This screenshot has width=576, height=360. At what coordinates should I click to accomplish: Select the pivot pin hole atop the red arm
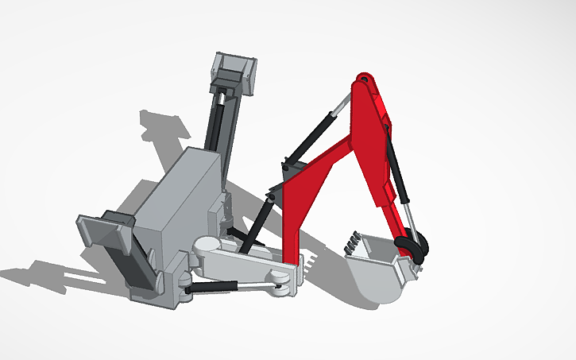point(363,80)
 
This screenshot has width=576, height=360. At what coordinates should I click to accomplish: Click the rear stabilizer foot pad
point(235,69)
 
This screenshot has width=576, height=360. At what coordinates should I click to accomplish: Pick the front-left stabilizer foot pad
point(103,230)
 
